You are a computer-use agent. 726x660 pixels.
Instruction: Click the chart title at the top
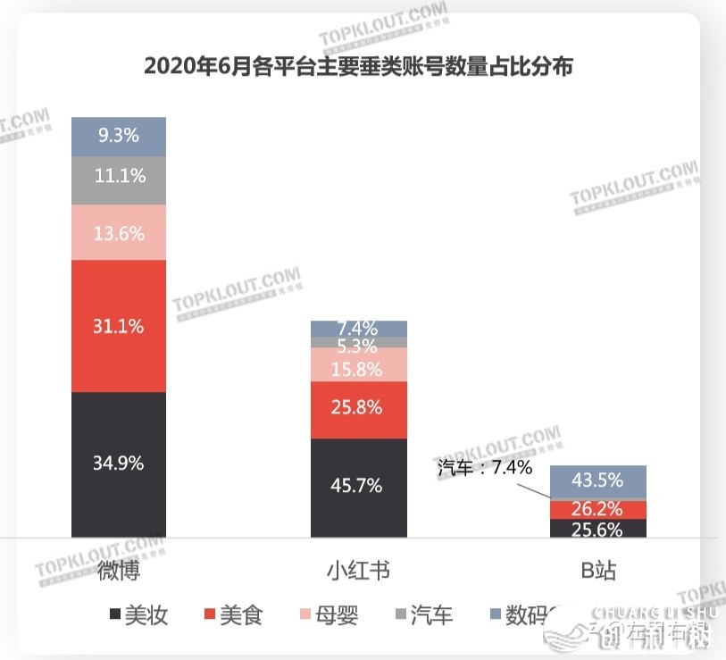357,66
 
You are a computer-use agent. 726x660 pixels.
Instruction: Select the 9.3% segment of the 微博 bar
119,137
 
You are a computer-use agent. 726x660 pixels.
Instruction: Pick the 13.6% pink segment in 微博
119,232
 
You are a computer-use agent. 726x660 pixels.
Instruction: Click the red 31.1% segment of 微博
119,326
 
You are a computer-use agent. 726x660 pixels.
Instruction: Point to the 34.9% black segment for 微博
119,464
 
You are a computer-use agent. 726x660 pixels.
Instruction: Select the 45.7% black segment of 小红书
358,487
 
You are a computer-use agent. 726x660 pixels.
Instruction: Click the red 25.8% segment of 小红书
358,409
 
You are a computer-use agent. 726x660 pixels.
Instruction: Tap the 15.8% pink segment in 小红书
358,364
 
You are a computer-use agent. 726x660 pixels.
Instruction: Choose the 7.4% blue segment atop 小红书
358,328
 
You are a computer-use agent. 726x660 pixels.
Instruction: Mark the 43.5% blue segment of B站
597,480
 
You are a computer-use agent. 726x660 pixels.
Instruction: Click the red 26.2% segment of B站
597,509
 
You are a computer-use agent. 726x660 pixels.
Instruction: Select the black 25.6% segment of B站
597,529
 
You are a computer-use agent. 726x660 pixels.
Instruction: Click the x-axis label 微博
118,571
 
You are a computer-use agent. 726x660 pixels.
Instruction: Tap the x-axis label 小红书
358,571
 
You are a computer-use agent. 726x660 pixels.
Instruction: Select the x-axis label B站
597,571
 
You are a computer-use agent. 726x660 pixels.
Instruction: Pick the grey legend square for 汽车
399,614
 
